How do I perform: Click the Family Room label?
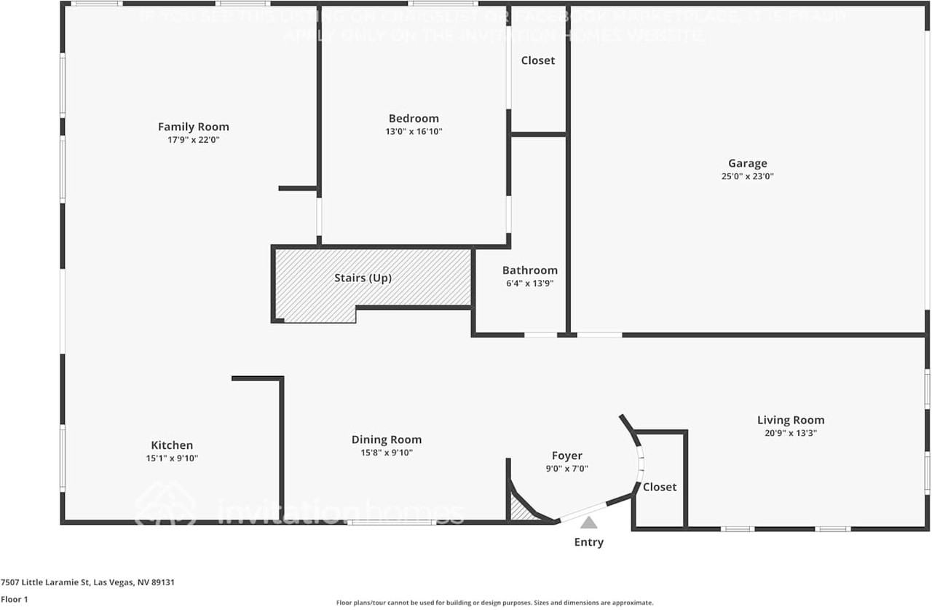pyautogui.click(x=193, y=127)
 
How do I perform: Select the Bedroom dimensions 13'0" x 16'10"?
pyautogui.click(x=414, y=132)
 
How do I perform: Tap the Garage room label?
pyautogui.click(x=747, y=163)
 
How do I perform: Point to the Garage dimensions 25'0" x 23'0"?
pyautogui.click(x=747, y=176)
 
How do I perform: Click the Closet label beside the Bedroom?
pyautogui.click(x=538, y=60)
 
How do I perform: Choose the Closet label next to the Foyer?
pyautogui.click(x=660, y=487)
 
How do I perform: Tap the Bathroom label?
pyautogui.click(x=529, y=270)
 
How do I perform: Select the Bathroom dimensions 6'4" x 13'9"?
pyautogui.click(x=529, y=284)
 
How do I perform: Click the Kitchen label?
pyautogui.click(x=172, y=445)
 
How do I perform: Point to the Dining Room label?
pyautogui.click(x=386, y=439)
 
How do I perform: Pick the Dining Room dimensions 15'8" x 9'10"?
pyautogui.click(x=386, y=453)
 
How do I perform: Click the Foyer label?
pyautogui.click(x=566, y=456)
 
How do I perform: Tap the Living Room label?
pyautogui.click(x=791, y=420)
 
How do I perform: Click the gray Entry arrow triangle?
pyautogui.click(x=588, y=523)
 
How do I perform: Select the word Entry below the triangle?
pyautogui.click(x=588, y=542)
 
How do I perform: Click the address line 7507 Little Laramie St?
pyautogui.click(x=87, y=582)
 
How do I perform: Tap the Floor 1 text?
pyautogui.click(x=14, y=600)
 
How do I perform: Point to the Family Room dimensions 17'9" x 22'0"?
pyautogui.click(x=193, y=140)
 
